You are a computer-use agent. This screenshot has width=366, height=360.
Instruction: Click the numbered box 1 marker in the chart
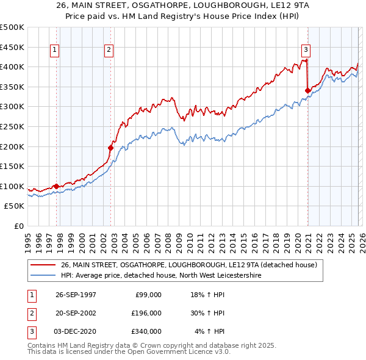(55, 51)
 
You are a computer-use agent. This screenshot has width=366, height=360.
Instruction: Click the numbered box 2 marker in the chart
(109, 51)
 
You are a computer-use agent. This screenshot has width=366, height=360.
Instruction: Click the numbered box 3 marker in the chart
(306, 51)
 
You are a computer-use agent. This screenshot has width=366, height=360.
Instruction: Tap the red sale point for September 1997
(57, 186)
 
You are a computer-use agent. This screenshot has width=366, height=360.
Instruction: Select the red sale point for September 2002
(111, 148)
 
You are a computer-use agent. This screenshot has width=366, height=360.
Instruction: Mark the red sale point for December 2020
(307, 90)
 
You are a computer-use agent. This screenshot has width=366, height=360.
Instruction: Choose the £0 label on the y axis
(19, 226)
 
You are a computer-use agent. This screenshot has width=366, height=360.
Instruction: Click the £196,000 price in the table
(146, 313)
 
